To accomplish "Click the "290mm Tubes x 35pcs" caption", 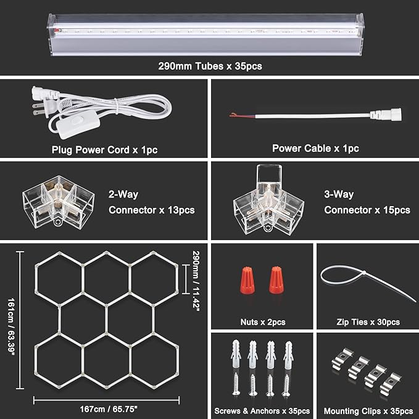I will click(x=209, y=66).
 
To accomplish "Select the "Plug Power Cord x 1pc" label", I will click(x=102, y=149).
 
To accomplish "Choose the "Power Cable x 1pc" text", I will click(x=315, y=149).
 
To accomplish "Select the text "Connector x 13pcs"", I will click(x=152, y=210).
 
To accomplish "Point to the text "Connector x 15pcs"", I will click(x=367, y=210).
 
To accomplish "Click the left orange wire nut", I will click(x=249, y=281).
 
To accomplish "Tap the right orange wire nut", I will click(x=276, y=281).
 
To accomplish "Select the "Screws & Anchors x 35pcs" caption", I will click(x=262, y=411).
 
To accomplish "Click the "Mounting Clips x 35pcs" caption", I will click(x=368, y=411).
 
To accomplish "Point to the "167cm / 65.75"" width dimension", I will click(x=108, y=409).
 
